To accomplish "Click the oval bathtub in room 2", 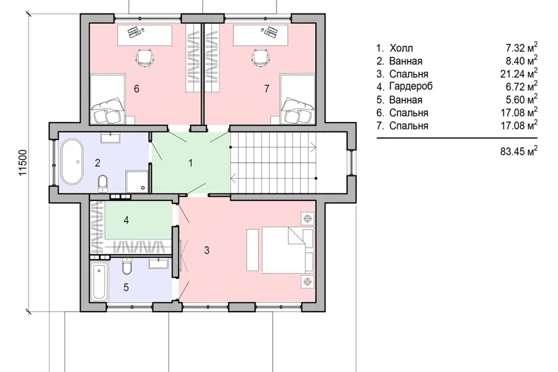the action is tap(72, 162).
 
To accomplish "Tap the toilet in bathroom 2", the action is tap(102, 183).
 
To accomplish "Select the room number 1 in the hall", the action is tap(191, 163).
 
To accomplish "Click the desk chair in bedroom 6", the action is tap(145, 58).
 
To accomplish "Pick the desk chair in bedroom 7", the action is tap(260, 58).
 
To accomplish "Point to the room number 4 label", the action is tap(126, 220).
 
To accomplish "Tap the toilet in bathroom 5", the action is tap(127, 266).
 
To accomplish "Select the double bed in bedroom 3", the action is tap(288, 250).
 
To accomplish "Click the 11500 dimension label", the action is tap(22, 163).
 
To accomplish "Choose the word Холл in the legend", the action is tap(401, 48).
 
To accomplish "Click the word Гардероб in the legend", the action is tap(411, 87).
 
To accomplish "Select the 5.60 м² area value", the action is tap(521, 99).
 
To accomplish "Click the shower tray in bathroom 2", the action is tap(137, 181).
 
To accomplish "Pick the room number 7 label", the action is tap(267, 88).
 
